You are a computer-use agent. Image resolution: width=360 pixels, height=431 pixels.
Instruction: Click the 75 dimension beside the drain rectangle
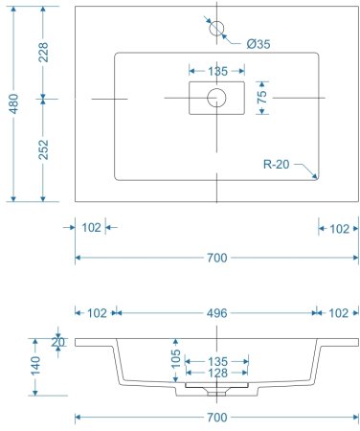(x=261, y=98)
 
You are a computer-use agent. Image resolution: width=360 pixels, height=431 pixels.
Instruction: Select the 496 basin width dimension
(x=216, y=313)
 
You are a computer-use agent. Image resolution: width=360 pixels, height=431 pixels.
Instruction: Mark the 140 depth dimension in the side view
(x=36, y=365)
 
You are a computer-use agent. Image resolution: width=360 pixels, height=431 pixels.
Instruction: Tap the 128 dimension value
(x=218, y=374)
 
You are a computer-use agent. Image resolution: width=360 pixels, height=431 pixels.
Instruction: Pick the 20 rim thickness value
(x=58, y=342)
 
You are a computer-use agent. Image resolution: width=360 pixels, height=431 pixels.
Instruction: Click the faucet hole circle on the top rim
(x=216, y=26)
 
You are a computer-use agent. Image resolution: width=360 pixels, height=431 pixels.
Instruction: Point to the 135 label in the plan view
(x=217, y=72)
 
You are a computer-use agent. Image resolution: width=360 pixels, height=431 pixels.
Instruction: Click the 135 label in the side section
(x=218, y=361)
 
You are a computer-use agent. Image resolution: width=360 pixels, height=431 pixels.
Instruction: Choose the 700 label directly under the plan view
(x=217, y=258)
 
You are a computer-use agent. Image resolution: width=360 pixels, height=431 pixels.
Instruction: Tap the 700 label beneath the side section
(x=217, y=417)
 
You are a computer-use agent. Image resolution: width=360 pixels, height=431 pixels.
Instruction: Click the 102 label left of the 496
(x=97, y=313)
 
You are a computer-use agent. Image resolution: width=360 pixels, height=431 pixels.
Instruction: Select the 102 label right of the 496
(x=339, y=313)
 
